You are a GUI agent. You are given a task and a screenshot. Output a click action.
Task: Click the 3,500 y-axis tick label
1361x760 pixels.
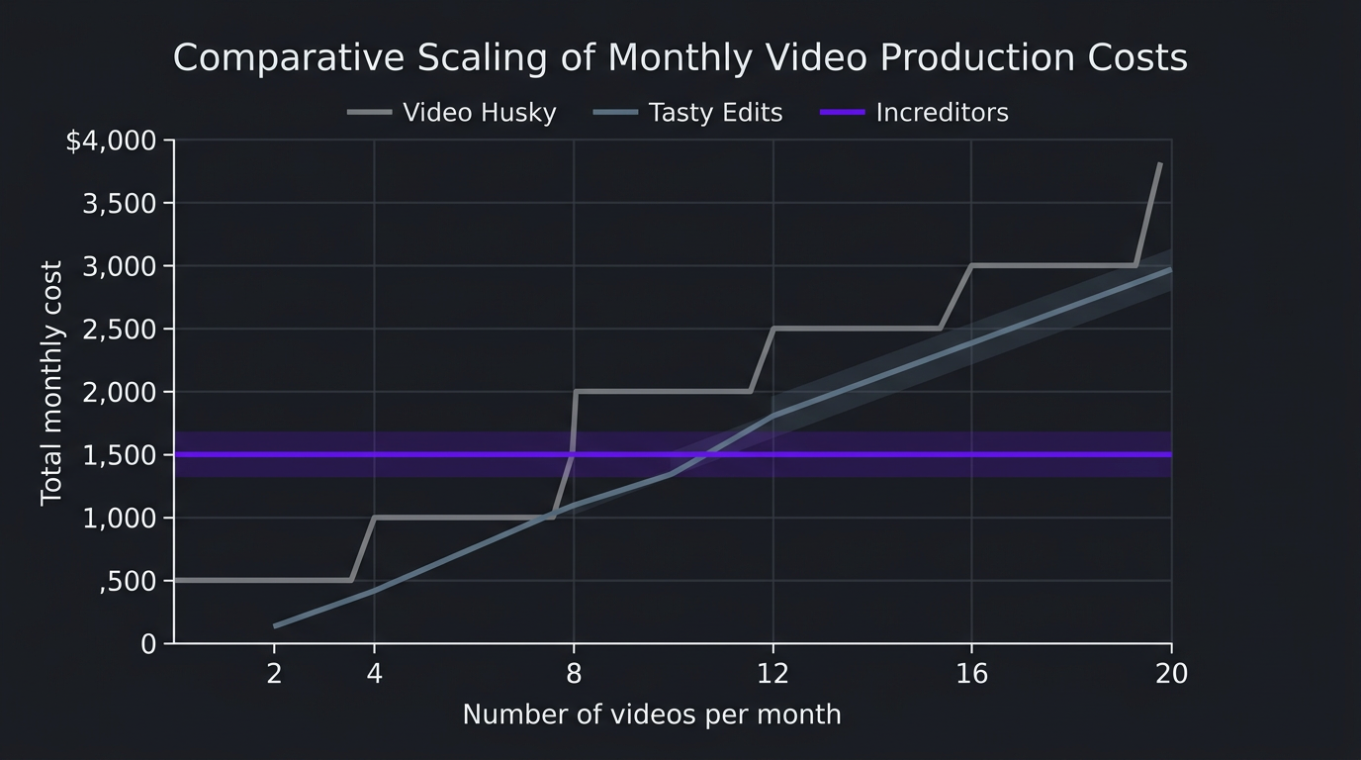120,204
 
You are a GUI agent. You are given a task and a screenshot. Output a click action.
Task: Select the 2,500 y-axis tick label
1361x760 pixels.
120,330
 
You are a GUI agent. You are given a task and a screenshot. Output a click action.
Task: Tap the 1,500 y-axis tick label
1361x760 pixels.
120,455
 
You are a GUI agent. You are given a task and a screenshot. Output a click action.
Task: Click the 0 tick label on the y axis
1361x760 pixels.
148,644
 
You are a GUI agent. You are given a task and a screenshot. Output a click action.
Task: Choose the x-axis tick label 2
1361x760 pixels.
275,674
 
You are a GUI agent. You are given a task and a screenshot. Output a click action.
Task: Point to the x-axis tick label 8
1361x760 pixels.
574,674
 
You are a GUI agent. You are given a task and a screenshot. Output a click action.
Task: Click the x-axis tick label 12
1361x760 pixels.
772,674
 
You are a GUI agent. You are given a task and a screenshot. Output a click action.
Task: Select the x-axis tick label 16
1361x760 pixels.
972,674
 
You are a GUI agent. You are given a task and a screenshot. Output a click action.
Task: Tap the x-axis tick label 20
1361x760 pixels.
1171,674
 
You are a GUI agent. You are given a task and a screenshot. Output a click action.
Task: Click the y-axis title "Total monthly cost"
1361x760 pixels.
51,383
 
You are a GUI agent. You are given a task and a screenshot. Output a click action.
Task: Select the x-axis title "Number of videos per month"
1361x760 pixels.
652,714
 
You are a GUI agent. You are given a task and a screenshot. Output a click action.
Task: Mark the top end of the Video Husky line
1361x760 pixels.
1159,164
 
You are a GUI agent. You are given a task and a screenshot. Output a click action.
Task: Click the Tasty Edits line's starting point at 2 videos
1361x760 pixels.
275,625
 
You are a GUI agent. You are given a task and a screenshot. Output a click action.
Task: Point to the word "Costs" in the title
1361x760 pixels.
1136,58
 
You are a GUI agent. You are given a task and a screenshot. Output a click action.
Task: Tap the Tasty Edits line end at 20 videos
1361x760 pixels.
1170,269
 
